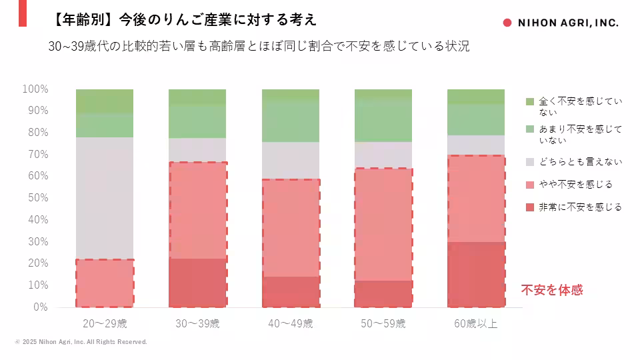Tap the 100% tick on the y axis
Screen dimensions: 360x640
pyautogui.click(x=35, y=89)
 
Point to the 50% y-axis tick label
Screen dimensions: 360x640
pyautogui.click(x=37, y=198)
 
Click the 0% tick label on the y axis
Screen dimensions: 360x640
pyautogui.click(x=41, y=307)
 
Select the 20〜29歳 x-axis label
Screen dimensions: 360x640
pyautogui.click(x=105, y=324)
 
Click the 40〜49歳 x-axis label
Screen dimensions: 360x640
pyautogui.click(x=291, y=324)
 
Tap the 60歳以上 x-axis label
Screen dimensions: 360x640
pyautogui.click(x=476, y=324)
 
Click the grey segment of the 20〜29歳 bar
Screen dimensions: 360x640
pyautogui.click(x=105, y=197)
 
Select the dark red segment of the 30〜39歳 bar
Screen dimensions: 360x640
pyautogui.click(x=197, y=283)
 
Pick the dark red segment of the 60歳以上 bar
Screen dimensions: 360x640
pyautogui.click(x=476, y=274)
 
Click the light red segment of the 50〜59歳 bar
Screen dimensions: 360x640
pyautogui.click(x=383, y=225)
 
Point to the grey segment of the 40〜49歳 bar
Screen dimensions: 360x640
pyautogui.click(x=291, y=160)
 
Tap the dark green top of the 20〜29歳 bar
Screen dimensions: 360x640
pyautogui.click(x=105, y=101)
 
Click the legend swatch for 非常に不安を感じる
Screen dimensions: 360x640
pyautogui.click(x=530, y=207)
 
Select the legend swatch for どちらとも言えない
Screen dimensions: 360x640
pyautogui.click(x=530, y=161)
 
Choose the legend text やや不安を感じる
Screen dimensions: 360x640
pyautogui.click(x=576, y=184)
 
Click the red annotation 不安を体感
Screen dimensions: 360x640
pyautogui.click(x=552, y=290)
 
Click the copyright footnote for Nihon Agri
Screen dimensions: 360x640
pyautogui.click(x=81, y=342)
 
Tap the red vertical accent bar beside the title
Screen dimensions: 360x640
pyautogui.click(x=23, y=13)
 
